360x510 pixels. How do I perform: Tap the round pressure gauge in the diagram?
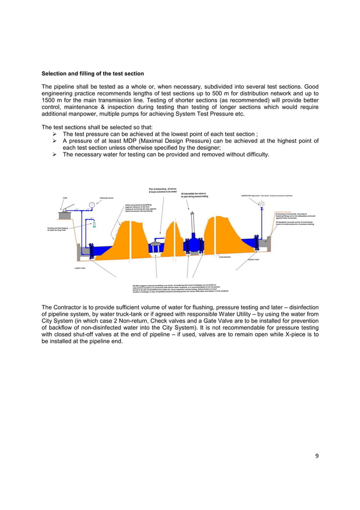tap(91, 204)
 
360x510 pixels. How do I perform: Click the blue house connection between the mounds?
tap(155, 247)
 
